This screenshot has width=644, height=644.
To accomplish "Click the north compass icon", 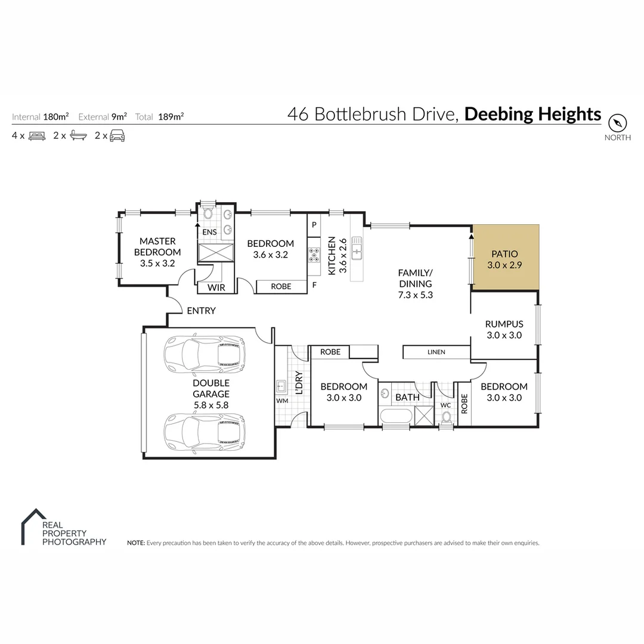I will coord(618,123).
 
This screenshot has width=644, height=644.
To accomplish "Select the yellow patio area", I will coord(506,258).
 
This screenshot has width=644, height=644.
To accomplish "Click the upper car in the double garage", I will coord(205,354).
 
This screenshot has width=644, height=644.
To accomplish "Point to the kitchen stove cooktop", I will coord(314,255).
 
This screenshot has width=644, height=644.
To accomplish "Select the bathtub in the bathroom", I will coord(395,417).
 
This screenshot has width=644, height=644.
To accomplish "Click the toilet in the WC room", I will coord(446,419).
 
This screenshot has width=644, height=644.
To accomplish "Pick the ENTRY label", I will coord(201,311).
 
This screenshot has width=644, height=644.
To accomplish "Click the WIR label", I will coord(216,287).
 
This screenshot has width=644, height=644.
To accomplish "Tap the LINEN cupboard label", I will coord(436,352).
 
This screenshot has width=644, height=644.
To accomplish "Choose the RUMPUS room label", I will coord(504,324).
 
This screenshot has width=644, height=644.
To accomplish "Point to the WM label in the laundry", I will coord(282,400).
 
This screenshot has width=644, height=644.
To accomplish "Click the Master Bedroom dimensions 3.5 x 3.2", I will coord(157,263).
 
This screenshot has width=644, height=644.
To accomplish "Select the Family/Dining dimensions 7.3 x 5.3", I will coord(415,295).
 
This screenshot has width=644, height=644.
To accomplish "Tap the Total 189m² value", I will coord(171,117).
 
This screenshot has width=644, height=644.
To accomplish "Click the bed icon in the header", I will coord(36,135).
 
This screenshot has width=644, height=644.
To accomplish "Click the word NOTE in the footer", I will coord(135,543).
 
